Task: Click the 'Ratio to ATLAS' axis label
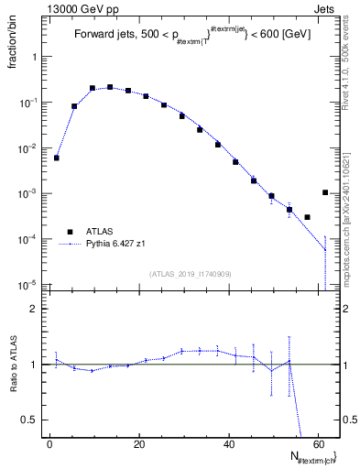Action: [13, 366]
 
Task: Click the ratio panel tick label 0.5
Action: [30, 420]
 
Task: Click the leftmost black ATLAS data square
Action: [57, 158]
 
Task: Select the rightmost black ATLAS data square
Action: [325, 192]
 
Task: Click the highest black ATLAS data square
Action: [110, 87]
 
